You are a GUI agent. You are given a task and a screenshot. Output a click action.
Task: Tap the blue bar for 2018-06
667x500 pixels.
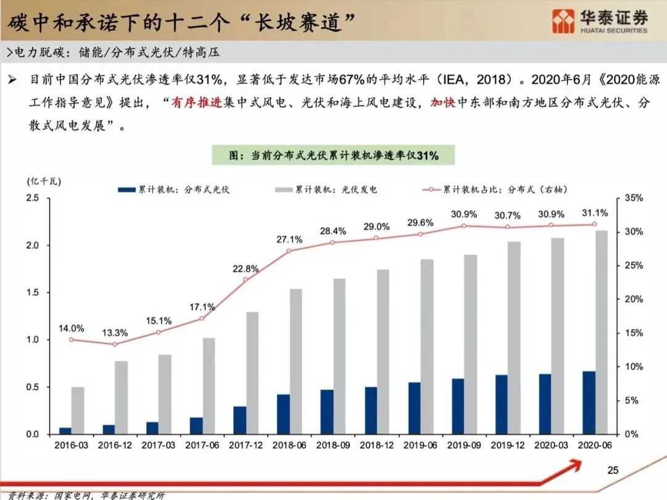tap(283, 414)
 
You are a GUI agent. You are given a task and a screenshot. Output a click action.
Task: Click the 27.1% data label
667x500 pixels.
tap(290, 240)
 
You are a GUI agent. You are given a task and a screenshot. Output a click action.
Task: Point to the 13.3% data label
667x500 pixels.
tap(115, 333)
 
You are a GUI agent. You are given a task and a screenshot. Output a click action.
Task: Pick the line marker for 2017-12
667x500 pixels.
tap(246, 280)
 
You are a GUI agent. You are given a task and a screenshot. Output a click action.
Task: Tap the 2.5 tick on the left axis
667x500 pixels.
tap(32, 198)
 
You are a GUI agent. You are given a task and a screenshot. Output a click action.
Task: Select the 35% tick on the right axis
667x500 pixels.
tap(634, 198)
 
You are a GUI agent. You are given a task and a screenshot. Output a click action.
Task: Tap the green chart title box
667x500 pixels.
tap(333, 156)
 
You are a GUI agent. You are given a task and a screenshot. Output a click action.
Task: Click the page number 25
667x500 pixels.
tap(613, 470)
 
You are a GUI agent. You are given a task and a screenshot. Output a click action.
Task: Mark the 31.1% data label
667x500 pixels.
tap(595, 213)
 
